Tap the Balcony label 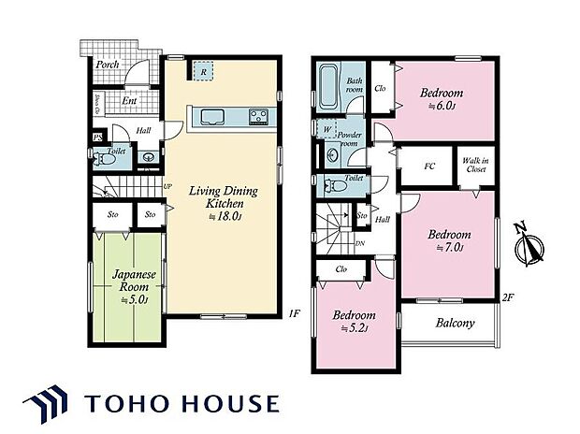[455, 324]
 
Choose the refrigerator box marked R [204, 72]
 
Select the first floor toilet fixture [107, 159]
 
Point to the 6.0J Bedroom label [441, 99]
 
